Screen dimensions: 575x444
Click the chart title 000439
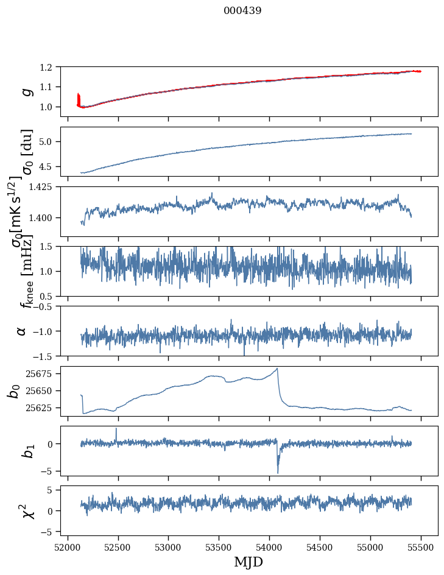tap(242, 10)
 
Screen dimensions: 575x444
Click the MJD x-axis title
tap(248, 562)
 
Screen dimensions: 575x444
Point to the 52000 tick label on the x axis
tap(68, 547)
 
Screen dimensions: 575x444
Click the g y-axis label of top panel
tap(26, 91)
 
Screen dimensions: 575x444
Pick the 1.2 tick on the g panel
tap(51, 67)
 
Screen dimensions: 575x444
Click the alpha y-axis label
tap(22, 331)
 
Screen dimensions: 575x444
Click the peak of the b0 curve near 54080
tap(278, 369)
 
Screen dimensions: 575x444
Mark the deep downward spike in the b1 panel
tap(278, 472)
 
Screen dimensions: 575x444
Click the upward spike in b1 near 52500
tap(116, 429)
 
